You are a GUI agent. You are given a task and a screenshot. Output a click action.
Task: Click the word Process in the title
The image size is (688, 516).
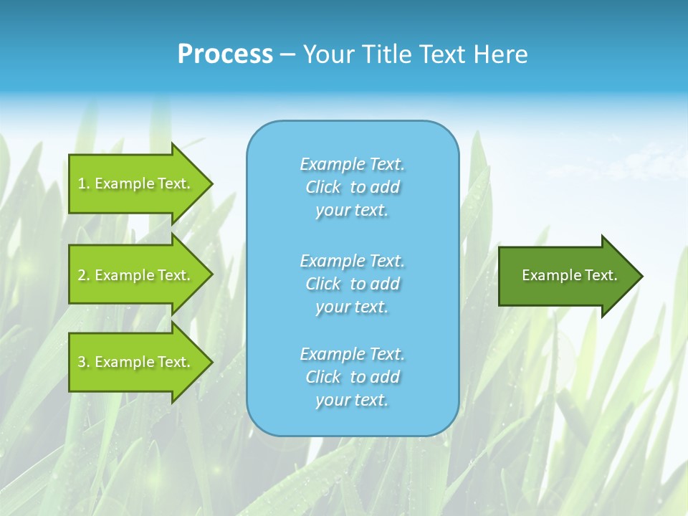pos(225,54)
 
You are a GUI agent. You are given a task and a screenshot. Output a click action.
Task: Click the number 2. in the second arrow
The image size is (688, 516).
pos(83,275)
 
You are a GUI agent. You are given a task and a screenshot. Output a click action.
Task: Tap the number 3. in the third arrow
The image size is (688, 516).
pos(83,362)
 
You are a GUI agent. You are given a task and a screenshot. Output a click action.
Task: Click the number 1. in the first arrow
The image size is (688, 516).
pos(83,183)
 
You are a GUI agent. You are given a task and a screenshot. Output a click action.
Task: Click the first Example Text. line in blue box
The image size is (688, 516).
pos(353,164)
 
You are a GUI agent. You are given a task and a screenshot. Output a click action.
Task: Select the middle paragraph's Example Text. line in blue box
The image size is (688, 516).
pos(353,260)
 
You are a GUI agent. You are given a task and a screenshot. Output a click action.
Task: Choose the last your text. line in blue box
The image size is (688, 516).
pos(352,400)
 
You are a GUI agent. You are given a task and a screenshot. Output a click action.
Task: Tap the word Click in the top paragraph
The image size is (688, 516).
pos(323,187)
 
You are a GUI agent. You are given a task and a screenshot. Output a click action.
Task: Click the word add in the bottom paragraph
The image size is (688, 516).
pos(385,377)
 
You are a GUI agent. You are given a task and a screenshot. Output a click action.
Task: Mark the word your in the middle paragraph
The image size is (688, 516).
pos(331,307)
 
